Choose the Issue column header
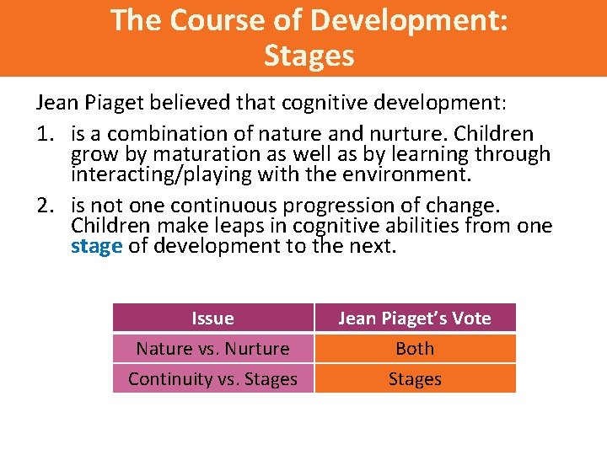212,318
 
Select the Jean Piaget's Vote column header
414,318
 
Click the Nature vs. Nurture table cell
212,348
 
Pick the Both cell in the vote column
414,348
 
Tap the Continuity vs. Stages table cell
212,378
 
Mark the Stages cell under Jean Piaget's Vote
414,378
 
